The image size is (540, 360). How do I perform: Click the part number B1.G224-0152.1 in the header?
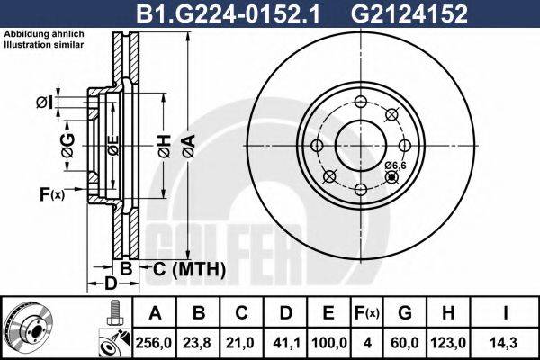228,13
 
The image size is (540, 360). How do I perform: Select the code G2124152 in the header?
409,13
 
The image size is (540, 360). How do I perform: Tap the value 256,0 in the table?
154,343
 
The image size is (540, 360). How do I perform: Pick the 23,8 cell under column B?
198,343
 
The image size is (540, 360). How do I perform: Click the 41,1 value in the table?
286,343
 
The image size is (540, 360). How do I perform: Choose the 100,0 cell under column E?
328,343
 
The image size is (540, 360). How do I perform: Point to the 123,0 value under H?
448,343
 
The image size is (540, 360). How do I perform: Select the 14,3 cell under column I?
505,343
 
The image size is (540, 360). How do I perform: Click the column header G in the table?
405,313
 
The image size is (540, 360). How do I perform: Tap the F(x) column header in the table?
367,313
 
